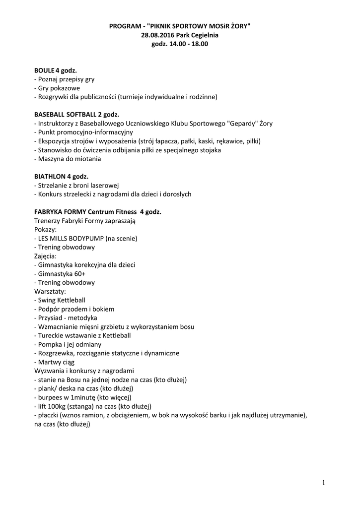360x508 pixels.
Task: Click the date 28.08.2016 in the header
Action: coord(157,35)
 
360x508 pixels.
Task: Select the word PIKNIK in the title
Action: coord(157,26)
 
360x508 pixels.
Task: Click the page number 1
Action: coord(323,483)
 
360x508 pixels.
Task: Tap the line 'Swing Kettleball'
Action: coord(62,300)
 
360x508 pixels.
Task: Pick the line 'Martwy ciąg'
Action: coord(56,362)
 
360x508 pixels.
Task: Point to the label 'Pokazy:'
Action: coord(45,229)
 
